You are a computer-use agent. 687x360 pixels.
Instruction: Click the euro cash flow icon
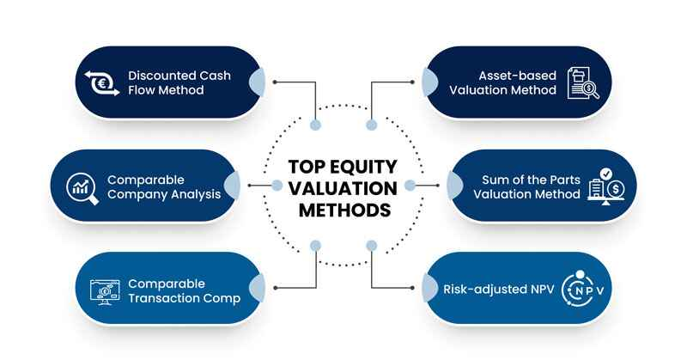click(x=102, y=82)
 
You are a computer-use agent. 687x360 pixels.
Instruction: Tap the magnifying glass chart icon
click(x=82, y=186)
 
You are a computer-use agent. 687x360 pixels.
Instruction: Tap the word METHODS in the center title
click(x=343, y=209)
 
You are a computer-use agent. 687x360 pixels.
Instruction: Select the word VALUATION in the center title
click(x=343, y=188)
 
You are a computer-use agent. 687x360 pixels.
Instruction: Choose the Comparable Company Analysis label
click(x=163, y=186)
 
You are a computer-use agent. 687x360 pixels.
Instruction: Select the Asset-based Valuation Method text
click(x=508, y=82)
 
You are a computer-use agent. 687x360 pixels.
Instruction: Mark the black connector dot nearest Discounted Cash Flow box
click(x=275, y=82)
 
